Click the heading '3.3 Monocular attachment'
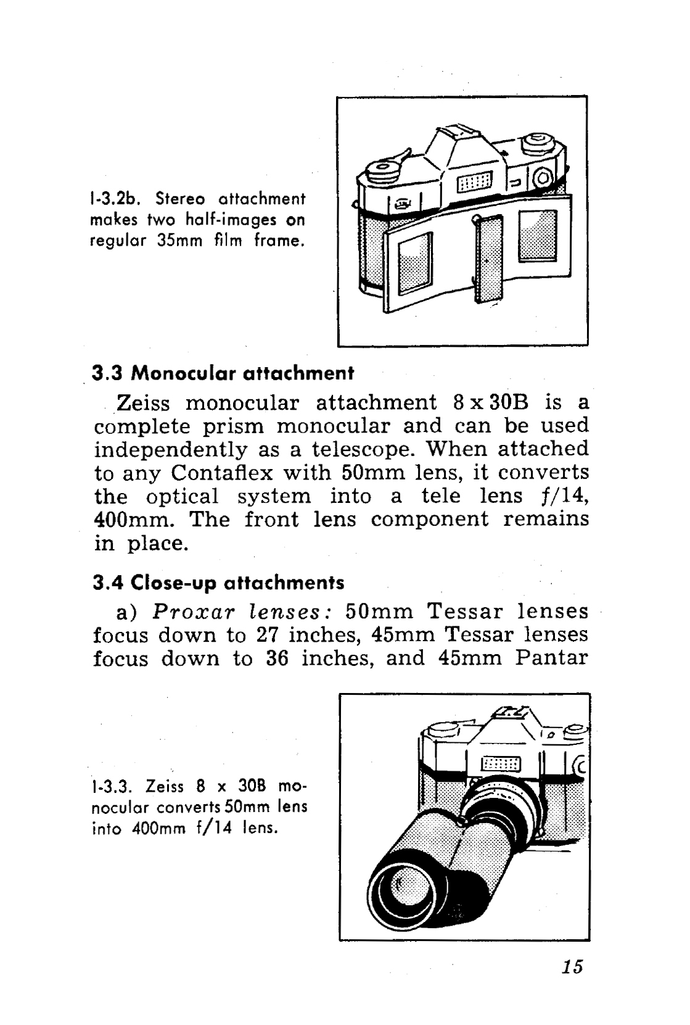click(223, 374)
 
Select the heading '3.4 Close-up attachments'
click(218, 583)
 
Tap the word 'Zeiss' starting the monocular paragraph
click(143, 404)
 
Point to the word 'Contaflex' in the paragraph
click(222, 473)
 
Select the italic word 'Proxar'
click(192, 612)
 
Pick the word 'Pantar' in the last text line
click(551, 658)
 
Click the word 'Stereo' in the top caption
click(180, 199)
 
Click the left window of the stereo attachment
click(415, 263)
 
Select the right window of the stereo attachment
click(538, 236)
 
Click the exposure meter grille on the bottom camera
click(501, 763)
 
